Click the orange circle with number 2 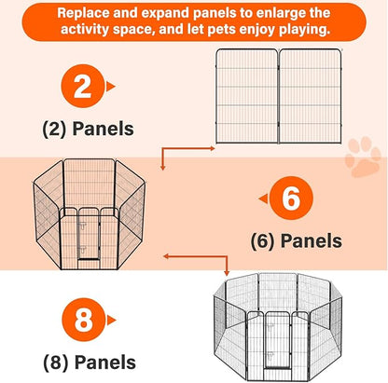[x=83, y=86]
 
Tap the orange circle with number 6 [x=291, y=198]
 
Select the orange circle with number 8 [x=84, y=320]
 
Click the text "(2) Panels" [x=88, y=129]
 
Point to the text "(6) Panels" [x=297, y=241]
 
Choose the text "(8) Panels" [x=90, y=362]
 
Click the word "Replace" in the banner [x=83, y=13]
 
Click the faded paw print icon [x=363, y=157]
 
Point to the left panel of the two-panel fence [x=247, y=96]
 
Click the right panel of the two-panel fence [x=311, y=96]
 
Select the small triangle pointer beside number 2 [x=110, y=87]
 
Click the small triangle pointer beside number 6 [x=263, y=198]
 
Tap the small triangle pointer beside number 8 [x=111, y=321]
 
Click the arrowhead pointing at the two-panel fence [x=213, y=148]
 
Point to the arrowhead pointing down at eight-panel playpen [x=227, y=273]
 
